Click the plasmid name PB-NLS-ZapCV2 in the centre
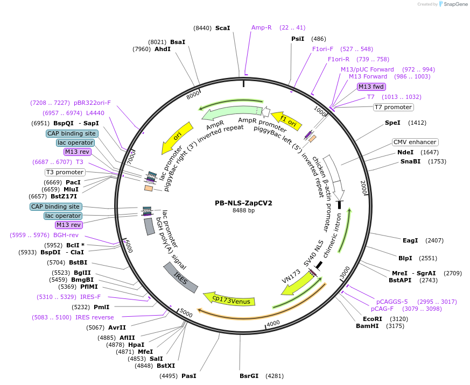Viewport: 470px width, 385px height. (243, 203)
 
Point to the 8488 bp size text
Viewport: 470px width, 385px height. (243, 211)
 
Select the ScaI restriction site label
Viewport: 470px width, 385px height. (222, 27)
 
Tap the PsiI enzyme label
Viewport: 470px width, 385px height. (298, 39)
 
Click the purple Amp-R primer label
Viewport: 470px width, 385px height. (262, 27)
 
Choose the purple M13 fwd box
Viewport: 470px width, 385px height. (371, 87)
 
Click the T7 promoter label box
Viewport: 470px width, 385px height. (393, 107)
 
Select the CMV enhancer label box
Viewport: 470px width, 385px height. (415, 142)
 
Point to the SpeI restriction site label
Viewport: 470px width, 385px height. (392, 123)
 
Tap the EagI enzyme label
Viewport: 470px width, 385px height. (410, 240)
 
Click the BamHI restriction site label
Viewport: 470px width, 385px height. (369, 326)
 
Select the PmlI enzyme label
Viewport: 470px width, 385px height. (101, 307)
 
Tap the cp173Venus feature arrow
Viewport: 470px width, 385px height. (229, 299)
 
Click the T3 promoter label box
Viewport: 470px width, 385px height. (65, 172)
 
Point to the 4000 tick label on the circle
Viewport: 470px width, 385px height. (273, 323)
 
